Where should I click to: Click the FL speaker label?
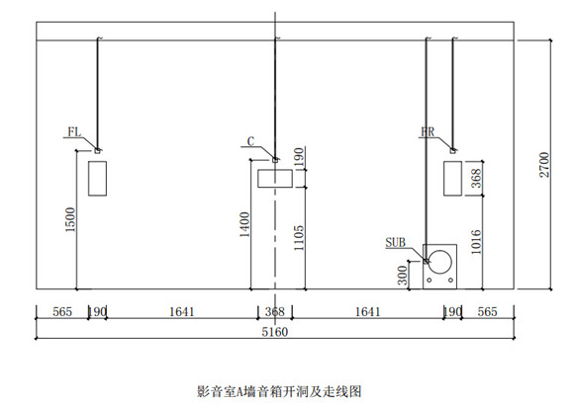[74, 132]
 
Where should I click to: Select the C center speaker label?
[250, 141]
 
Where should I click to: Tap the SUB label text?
[395, 242]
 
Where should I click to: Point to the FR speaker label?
[428, 132]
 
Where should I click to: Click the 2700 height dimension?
[544, 165]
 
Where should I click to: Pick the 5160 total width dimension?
[275, 332]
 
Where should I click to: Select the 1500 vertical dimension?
[70, 219]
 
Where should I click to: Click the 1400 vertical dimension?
[244, 224]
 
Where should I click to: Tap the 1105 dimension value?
[299, 238]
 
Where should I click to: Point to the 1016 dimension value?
[476, 242]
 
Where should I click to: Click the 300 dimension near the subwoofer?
[403, 276]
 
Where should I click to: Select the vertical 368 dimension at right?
[476, 178]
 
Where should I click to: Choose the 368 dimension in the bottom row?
[275, 312]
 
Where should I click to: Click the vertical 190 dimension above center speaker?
[299, 157]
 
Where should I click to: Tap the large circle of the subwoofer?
[439, 262]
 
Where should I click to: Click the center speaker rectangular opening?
[275, 179]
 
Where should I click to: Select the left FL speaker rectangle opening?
[97, 179]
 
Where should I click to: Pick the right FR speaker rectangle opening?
[452, 179]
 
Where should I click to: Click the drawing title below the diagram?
[279, 391]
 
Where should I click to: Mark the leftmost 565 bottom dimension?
[62, 312]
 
